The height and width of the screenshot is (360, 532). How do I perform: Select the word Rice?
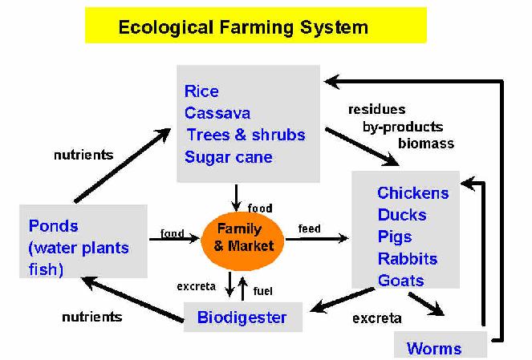(x=201, y=91)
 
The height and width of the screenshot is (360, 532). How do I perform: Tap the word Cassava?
(x=217, y=112)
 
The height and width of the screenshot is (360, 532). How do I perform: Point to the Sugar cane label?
(x=228, y=156)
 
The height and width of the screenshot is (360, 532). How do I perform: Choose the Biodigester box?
(x=242, y=318)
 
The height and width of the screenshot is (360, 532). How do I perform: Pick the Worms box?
(x=434, y=348)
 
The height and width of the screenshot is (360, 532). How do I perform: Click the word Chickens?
(x=412, y=193)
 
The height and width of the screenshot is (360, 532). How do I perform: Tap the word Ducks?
(x=401, y=215)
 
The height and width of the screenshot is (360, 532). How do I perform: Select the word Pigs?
(x=395, y=237)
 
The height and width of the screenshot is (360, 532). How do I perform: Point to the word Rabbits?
(x=407, y=259)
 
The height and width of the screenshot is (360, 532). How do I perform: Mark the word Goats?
(x=400, y=281)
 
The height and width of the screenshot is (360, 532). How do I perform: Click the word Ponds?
(x=54, y=225)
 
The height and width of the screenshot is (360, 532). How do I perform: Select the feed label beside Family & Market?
(x=309, y=229)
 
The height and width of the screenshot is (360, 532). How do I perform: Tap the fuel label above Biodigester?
(x=263, y=290)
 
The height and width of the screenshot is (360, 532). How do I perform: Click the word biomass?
(x=426, y=144)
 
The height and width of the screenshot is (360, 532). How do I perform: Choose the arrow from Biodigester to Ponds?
(x=128, y=299)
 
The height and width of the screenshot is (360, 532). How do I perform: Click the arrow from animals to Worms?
(x=425, y=305)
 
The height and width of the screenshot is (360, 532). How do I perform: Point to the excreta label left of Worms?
(x=376, y=318)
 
